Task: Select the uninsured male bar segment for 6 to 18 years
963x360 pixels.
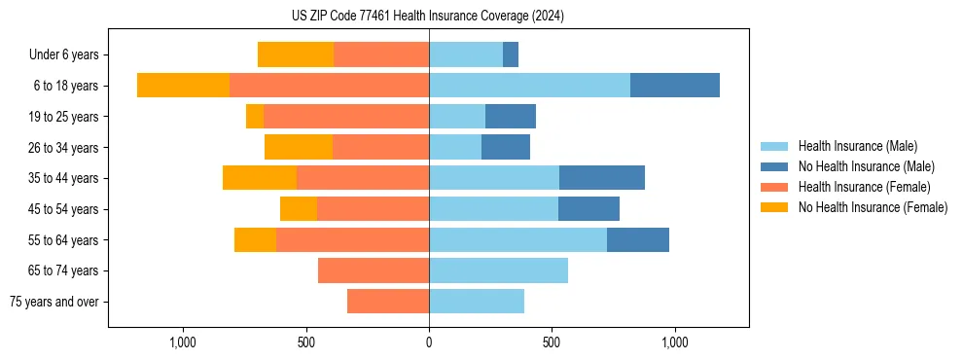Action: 674,86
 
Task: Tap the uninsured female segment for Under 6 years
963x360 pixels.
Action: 296,54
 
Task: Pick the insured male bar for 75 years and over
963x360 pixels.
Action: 477,302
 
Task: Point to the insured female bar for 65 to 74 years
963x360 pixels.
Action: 374,270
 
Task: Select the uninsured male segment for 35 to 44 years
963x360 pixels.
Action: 602,178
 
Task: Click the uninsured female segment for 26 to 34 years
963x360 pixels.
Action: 299,147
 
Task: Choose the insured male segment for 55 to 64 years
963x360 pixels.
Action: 517,239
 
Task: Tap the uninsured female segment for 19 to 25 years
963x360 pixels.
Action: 255,117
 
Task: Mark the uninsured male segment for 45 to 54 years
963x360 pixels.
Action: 588,209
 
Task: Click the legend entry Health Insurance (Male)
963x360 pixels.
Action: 857,146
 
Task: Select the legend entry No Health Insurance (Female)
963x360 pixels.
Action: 873,207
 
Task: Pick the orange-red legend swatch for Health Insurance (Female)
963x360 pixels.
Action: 774,187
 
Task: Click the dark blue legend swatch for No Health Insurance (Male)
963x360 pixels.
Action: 774,166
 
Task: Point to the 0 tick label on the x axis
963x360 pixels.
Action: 429,342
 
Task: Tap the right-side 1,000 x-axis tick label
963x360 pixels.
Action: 674,342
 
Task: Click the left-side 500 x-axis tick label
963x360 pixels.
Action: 306,342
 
